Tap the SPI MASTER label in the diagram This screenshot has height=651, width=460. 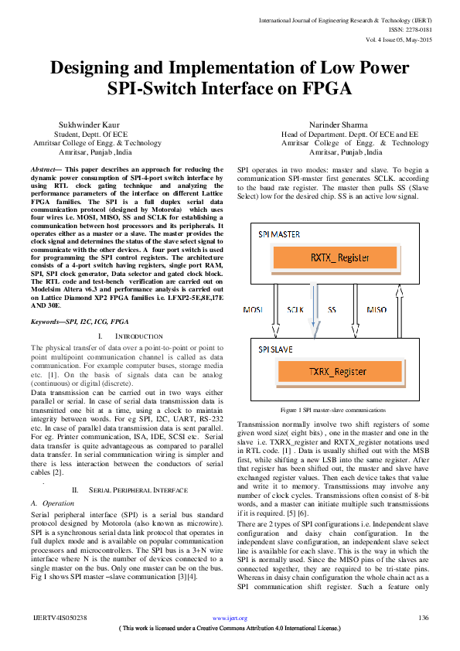[x=280, y=233]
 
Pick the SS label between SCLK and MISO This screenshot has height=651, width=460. [x=332, y=308]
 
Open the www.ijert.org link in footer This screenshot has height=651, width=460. [x=230, y=619]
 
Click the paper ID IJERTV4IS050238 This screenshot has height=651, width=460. [x=61, y=618]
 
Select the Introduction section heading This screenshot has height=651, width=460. [x=131, y=336]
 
